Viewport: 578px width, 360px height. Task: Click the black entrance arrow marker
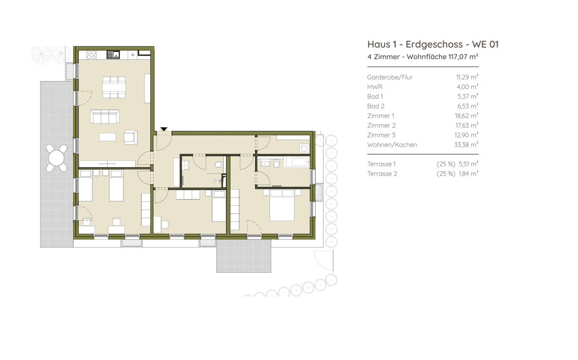point(164,129)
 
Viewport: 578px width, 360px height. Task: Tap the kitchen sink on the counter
point(113,54)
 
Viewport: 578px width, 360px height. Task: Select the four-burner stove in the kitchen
point(92,55)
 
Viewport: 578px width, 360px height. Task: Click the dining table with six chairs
point(114,87)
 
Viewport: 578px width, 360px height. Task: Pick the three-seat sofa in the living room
point(105,117)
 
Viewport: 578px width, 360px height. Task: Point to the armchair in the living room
point(131,137)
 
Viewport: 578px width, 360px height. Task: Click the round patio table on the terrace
point(56,158)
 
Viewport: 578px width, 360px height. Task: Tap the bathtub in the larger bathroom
point(297,162)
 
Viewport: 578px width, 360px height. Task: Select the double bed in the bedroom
point(282,205)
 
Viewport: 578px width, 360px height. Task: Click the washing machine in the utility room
point(304,148)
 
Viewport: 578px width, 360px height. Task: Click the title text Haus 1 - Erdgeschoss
point(415,44)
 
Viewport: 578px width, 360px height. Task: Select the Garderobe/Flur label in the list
point(390,77)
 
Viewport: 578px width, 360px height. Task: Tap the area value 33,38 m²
point(466,145)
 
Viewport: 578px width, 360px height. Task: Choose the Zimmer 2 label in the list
point(381,125)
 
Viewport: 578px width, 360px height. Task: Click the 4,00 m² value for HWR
point(468,87)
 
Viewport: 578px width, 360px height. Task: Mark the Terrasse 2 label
point(382,174)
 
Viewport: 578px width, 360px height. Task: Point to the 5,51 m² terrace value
point(468,164)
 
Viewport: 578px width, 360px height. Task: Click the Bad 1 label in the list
point(375,96)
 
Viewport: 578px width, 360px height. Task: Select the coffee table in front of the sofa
point(107,137)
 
